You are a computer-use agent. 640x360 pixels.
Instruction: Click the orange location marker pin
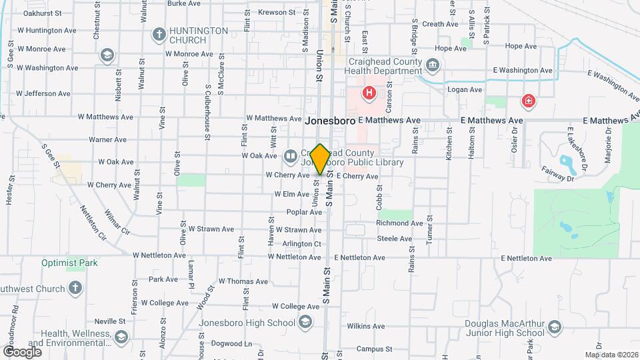click(x=320, y=159)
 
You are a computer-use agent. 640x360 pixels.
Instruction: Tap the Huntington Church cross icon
click(x=159, y=33)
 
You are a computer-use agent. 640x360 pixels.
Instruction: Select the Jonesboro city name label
click(x=329, y=121)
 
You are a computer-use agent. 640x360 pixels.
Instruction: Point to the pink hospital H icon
click(x=367, y=92)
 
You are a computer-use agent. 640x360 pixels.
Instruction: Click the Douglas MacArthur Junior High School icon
click(x=554, y=327)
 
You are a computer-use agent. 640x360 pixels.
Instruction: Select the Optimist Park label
click(x=69, y=263)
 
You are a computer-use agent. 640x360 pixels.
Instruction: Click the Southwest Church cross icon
click(x=75, y=288)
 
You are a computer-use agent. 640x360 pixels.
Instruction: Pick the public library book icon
click(x=291, y=157)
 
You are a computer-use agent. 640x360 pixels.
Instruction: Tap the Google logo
click(x=22, y=351)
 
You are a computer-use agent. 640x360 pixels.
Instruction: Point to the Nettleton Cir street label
click(x=93, y=222)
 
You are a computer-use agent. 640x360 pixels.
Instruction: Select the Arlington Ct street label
click(x=302, y=244)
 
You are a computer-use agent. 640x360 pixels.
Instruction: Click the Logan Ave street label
click(x=465, y=89)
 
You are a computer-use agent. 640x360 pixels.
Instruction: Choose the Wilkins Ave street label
click(x=365, y=326)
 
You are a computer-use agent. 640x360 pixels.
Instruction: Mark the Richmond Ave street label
click(x=395, y=223)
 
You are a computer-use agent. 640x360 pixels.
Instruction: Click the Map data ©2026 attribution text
click(x=611, y=355)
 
